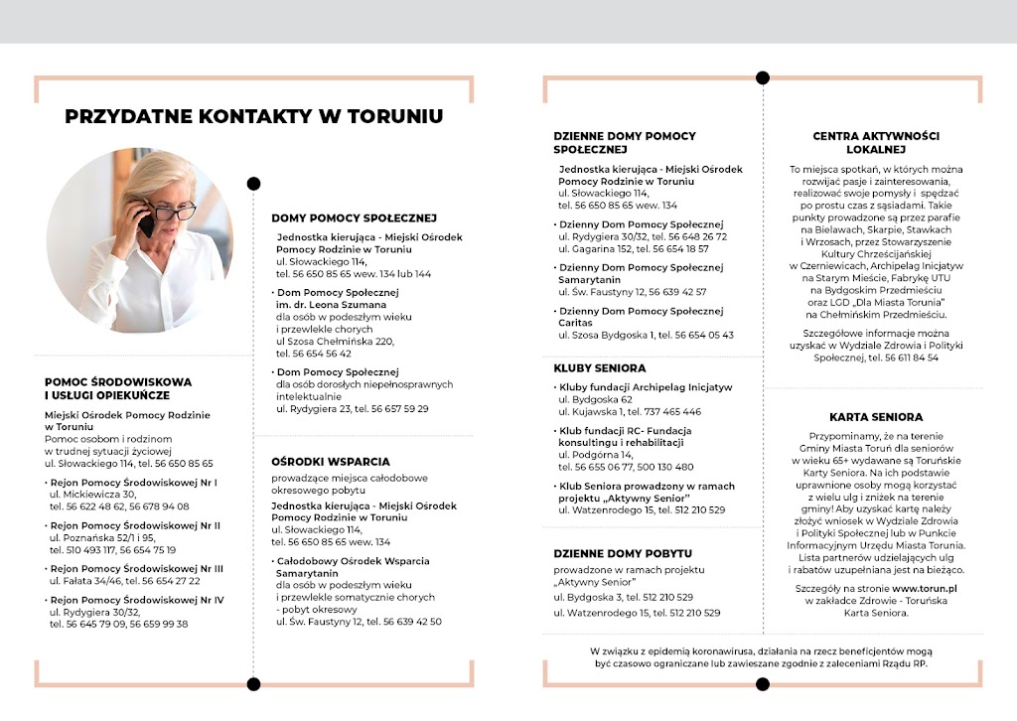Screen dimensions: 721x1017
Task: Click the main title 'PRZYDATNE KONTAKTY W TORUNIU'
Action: coord(254,116)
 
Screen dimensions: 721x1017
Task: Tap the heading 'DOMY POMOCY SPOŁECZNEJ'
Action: coord(354,217)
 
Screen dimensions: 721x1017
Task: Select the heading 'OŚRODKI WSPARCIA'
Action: coord(331,462)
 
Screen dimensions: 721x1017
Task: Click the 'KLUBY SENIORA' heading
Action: coord(600,367)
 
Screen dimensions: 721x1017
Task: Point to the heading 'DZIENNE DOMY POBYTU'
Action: coord(623,553)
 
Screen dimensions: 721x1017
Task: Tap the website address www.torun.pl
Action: coord(931,589)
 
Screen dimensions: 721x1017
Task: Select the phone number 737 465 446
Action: coord(670,411)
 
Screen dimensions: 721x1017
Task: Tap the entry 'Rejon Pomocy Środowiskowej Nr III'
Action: coord(137,568)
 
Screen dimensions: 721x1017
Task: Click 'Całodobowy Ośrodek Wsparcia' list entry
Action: coord(353,561)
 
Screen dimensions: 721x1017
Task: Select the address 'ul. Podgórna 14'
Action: coord(596,454)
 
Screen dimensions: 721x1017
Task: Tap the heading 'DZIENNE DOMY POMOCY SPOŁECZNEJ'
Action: coord(625,142)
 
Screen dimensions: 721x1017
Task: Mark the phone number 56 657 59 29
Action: coord(395,408)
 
